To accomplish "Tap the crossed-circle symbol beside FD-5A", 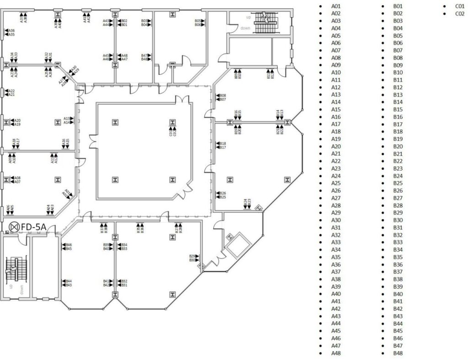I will click(x=14, y=226).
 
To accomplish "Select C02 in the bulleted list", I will click(x=460, y=14).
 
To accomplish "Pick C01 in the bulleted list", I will click(x=460, y=6).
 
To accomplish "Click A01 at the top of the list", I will click(x=336, y=6).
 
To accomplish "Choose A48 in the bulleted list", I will click(x=336, y=353).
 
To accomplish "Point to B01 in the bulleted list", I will click(x=398, y=6).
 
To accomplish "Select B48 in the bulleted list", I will click(x=398, y=353).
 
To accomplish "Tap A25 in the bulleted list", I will click(x=336, y=183).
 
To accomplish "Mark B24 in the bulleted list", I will click(x=398, y=176).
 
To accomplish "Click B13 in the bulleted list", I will click(x=398, y=95).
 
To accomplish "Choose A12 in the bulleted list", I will click(x=336, y=87).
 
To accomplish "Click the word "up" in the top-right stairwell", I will click(x=249, y=17).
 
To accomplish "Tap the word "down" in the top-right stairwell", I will click(x=245, y=28).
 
